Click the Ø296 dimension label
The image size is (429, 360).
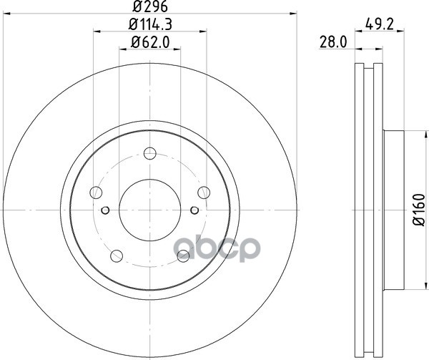pos(150,6)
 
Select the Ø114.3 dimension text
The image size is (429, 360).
pos(150,24)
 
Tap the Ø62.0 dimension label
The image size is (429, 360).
pos(150,42)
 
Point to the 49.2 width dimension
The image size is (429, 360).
pos(379,25)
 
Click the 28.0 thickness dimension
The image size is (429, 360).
pos(333,42)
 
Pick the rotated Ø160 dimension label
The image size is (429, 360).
pos(418,210)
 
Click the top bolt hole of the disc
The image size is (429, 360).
pos(150,153)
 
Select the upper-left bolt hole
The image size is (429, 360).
pos(96,193)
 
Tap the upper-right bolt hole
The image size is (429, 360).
pos(204,193)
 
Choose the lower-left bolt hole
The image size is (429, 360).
pos(117,256)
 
